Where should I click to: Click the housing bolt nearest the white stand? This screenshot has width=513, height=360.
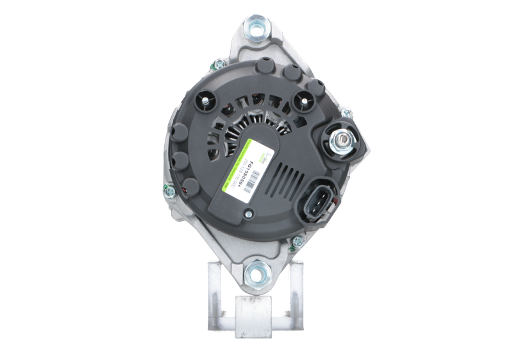coord(298,243)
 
